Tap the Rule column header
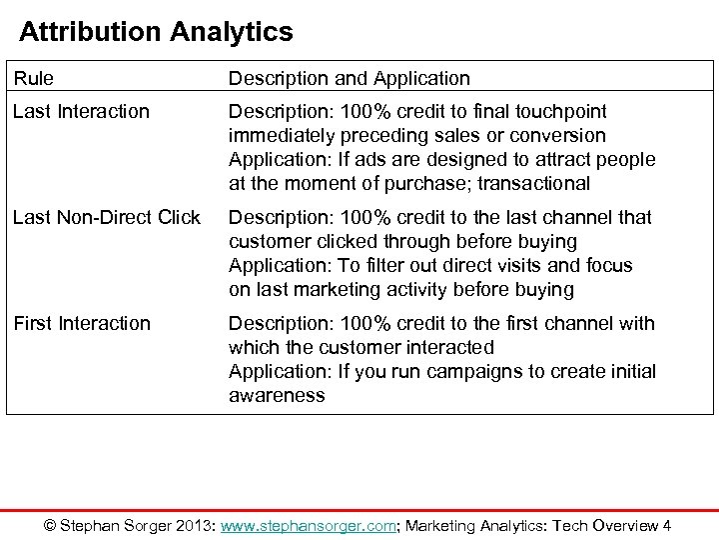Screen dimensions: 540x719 pos(33,77)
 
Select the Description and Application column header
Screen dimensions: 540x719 pos(350,77)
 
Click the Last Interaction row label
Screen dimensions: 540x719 pos(81,111)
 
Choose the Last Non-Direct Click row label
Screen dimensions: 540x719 pos(106,217)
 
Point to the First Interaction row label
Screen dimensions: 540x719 pos(82,323)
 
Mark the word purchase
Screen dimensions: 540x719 pos(418,183)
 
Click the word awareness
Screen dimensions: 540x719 pos(277,396)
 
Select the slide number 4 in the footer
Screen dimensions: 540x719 pos(666,526)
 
